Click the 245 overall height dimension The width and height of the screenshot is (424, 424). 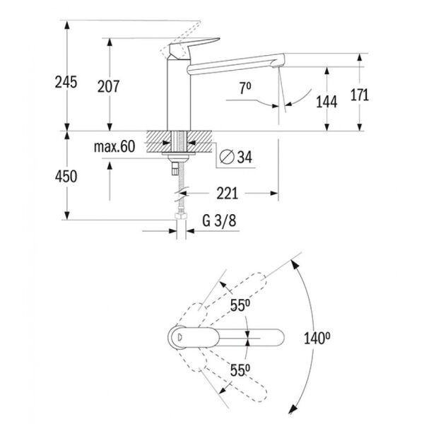click(64, 83)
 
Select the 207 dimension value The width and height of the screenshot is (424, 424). click(108, 87)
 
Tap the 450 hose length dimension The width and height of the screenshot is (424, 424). click(64, 176)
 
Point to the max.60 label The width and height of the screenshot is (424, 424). click(113, 147)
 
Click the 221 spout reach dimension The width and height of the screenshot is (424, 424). click(226, 192)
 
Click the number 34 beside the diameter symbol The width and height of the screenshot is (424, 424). click(244, 156)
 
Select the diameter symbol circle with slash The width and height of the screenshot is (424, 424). click(225, 156)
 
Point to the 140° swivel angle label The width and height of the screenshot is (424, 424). click(318, 338)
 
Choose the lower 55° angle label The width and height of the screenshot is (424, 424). click(240, 369)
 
